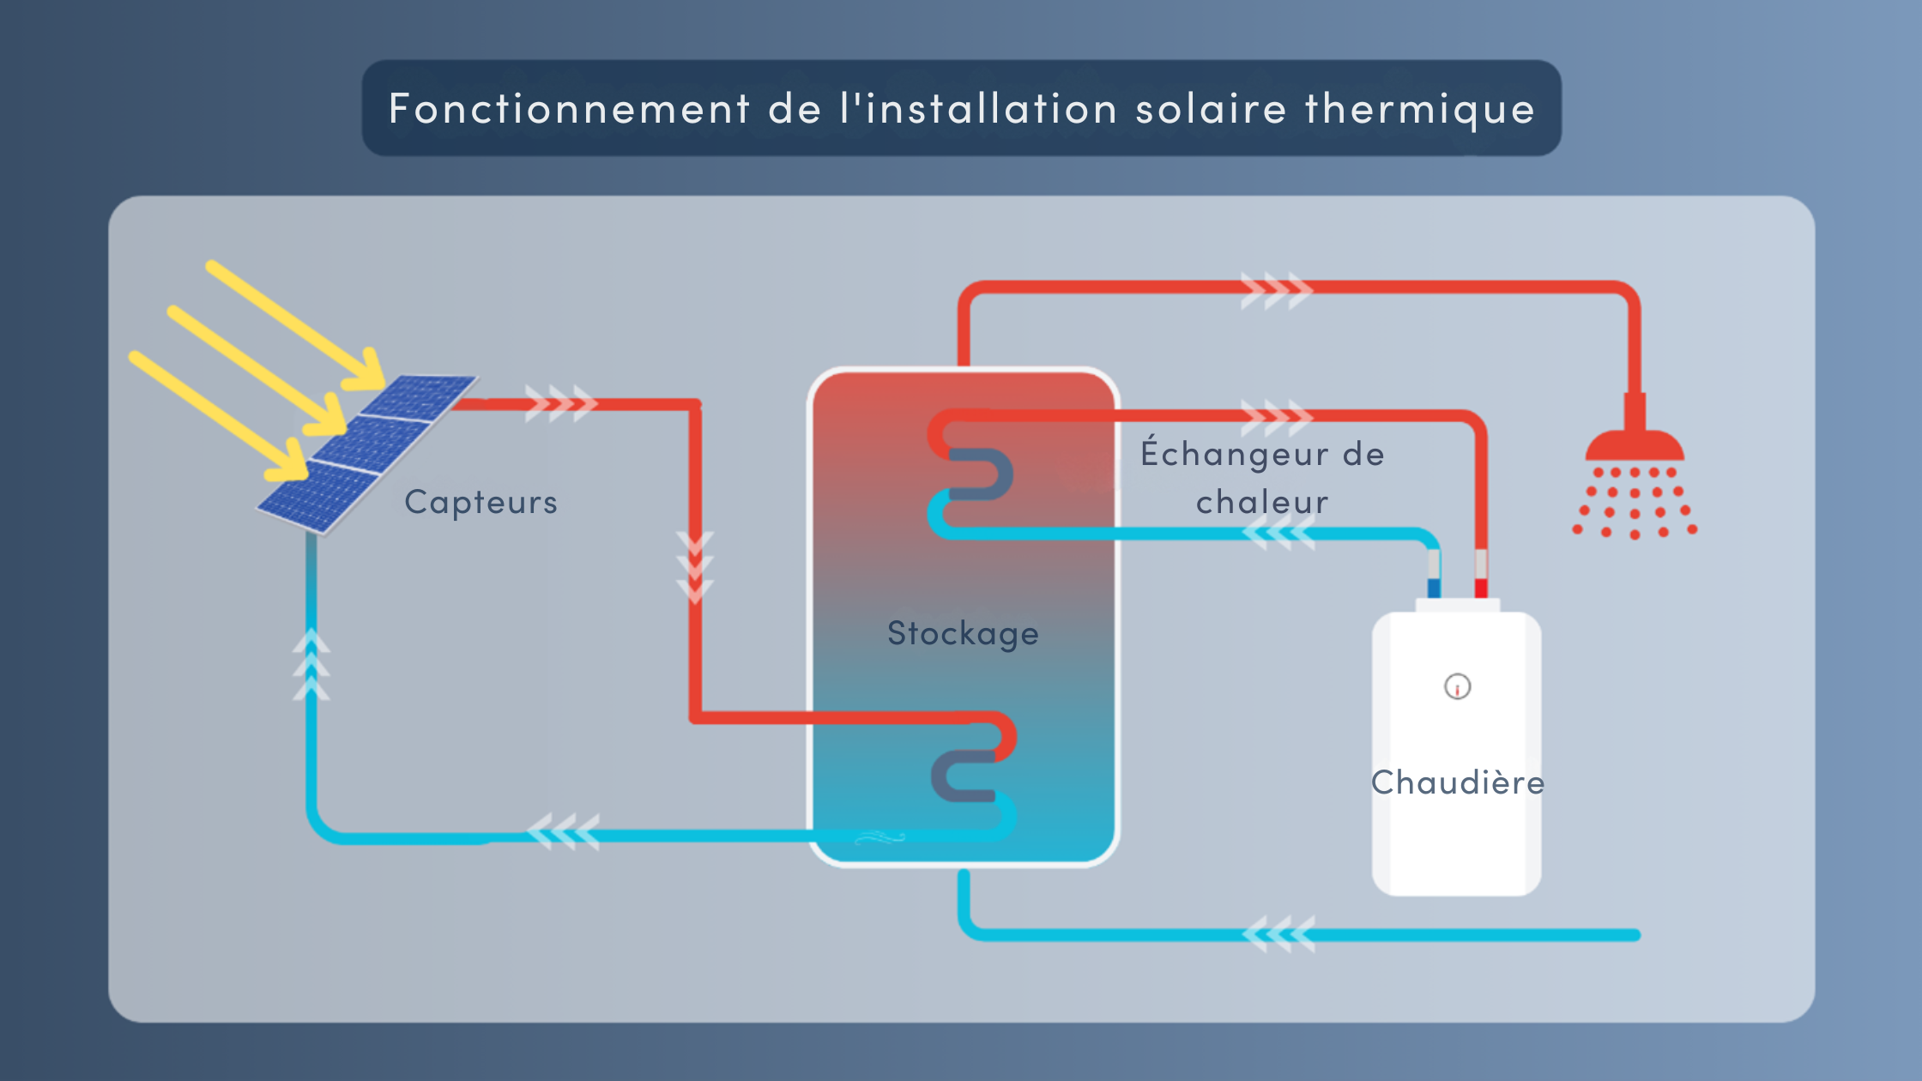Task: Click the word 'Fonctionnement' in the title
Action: (x=570, y=109)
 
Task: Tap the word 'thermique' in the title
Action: (x=1420, y=110)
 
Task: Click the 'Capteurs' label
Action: (x=480, y=502)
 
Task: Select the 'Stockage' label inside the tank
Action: (x=963, y=633)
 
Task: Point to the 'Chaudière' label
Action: (x=1458, y=782)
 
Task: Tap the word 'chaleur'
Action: (x=1262, y=502)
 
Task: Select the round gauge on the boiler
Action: (x=1458, y=686)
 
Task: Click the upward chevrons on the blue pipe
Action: (x=311, y=665)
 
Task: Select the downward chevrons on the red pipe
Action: (x=695, y=567)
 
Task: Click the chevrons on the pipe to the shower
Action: (x=1277, y=291)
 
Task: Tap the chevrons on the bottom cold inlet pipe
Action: (x=1278, y=934)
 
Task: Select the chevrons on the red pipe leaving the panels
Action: (x=561, y=403)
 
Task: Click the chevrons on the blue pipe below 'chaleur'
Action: (x=1278, y=534)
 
